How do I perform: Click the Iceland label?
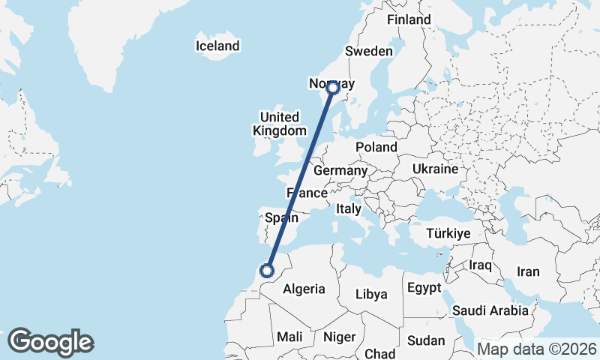[x=217, y=46]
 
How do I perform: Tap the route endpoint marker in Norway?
[x=333, y=88]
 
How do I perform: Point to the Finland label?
[x=409, y=19]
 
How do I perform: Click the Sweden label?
[x=369, y=51]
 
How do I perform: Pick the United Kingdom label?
[x=279, y=124]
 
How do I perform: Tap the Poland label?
[x=376, y=147]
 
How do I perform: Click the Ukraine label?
[x=435, y=169]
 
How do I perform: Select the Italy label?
[x=349, y=208]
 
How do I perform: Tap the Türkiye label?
[x=448, y=234]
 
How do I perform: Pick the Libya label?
[x=371, y=294]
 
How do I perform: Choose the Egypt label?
[x=425, y=288]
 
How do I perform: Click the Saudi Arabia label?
[x=490, y=310]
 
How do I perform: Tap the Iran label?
[x=528, y=271]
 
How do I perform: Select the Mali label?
[x=289, y=337]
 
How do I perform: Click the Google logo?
[x=50, y=342]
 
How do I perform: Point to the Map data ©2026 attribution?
[x=536, y=349]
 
